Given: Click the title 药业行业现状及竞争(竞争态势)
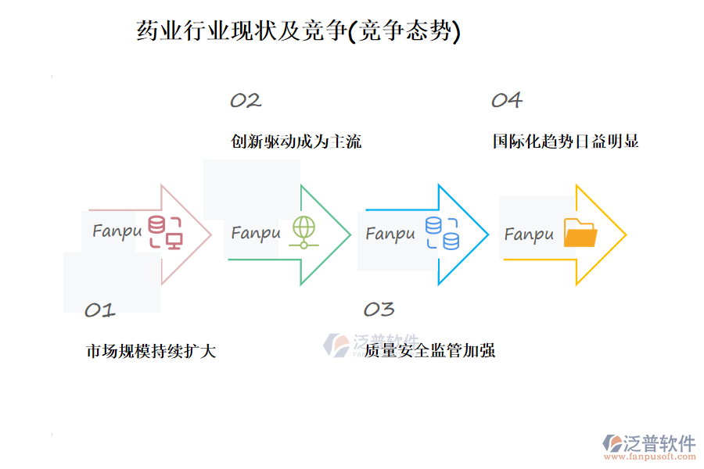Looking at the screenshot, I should click(x=298, y=31).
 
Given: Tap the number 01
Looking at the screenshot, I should click(x=99, y=310).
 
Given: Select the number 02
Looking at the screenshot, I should click(x=245, y=100).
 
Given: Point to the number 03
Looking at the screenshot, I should click(x=379, y=310).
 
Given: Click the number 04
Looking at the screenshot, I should click(x=506, y=100).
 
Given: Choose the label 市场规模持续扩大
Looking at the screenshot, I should click(x=151, y=351).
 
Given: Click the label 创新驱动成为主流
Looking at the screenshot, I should click(x=296, y=141).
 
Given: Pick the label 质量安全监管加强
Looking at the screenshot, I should click(x=429, y=350).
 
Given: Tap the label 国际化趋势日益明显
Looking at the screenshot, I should click(x=566, y=141).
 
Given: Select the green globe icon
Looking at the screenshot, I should click(x=302, y=232).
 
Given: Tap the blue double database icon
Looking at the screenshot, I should click(x=442, y=233).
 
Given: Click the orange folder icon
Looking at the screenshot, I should click(x=580, y=233).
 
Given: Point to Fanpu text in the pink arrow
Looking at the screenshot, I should click(x=117, y=231).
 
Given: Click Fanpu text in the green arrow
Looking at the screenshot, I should click(x=255, y=233).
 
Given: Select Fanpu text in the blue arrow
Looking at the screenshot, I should click(x=390, y=233).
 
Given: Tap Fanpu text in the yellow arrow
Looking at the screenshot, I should click(x=529, y=234).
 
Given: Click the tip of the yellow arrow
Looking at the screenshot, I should click(x=624, y=234).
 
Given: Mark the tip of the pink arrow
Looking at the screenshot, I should click(x=210, y=234).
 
